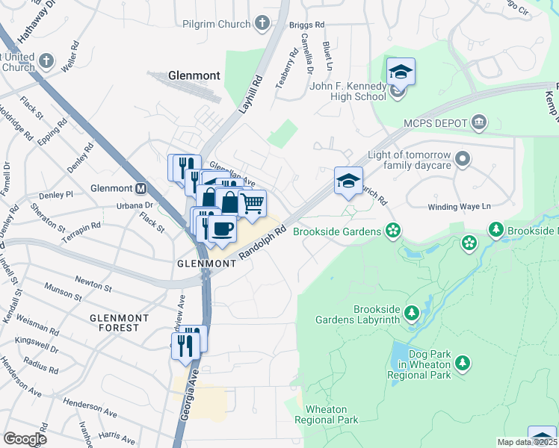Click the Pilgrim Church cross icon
tap(262, 24)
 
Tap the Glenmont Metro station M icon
tap(141, 188)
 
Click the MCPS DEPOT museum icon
tap(478, 122)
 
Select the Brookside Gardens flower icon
tap(392, 231)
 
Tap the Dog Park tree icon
tap(463, 363)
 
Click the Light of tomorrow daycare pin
tap(463, 158)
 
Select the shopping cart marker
tap(253, 203)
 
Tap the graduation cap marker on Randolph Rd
tap(348, 181)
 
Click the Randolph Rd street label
tap(262, 244)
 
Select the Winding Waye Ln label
tap(458, 207)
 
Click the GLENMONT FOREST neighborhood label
tap(114, 323)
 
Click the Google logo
tap(25, 439)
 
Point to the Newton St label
tap(93, 282)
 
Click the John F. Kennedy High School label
tap(349, 92)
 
